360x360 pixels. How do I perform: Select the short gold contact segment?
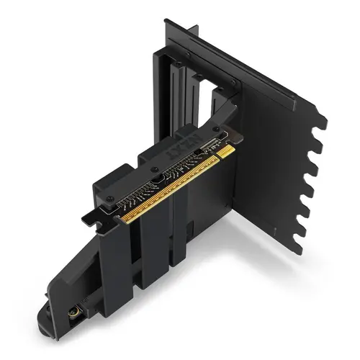pyautogui.click(x=225, y=152)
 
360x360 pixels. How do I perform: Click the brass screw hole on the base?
pyautogui.click(x=73, y=315)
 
